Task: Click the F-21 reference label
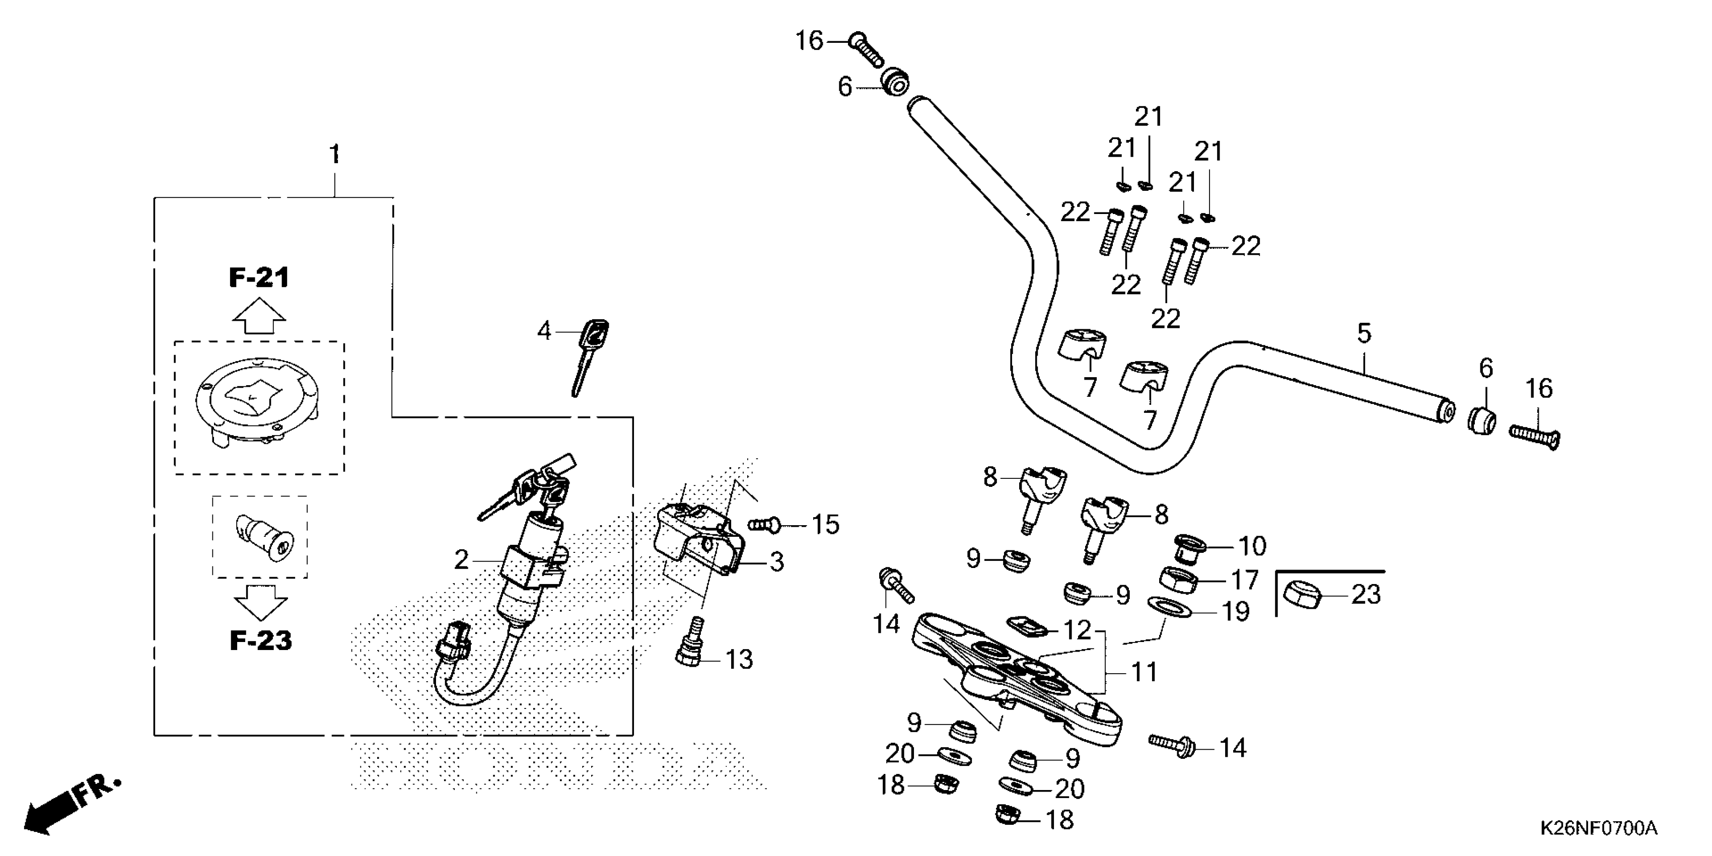259,278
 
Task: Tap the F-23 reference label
260,640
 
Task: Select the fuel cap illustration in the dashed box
258,403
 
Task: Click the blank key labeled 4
589,356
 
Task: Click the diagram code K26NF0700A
1598,828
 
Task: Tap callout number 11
1145,672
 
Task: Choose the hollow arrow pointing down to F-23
260,602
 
